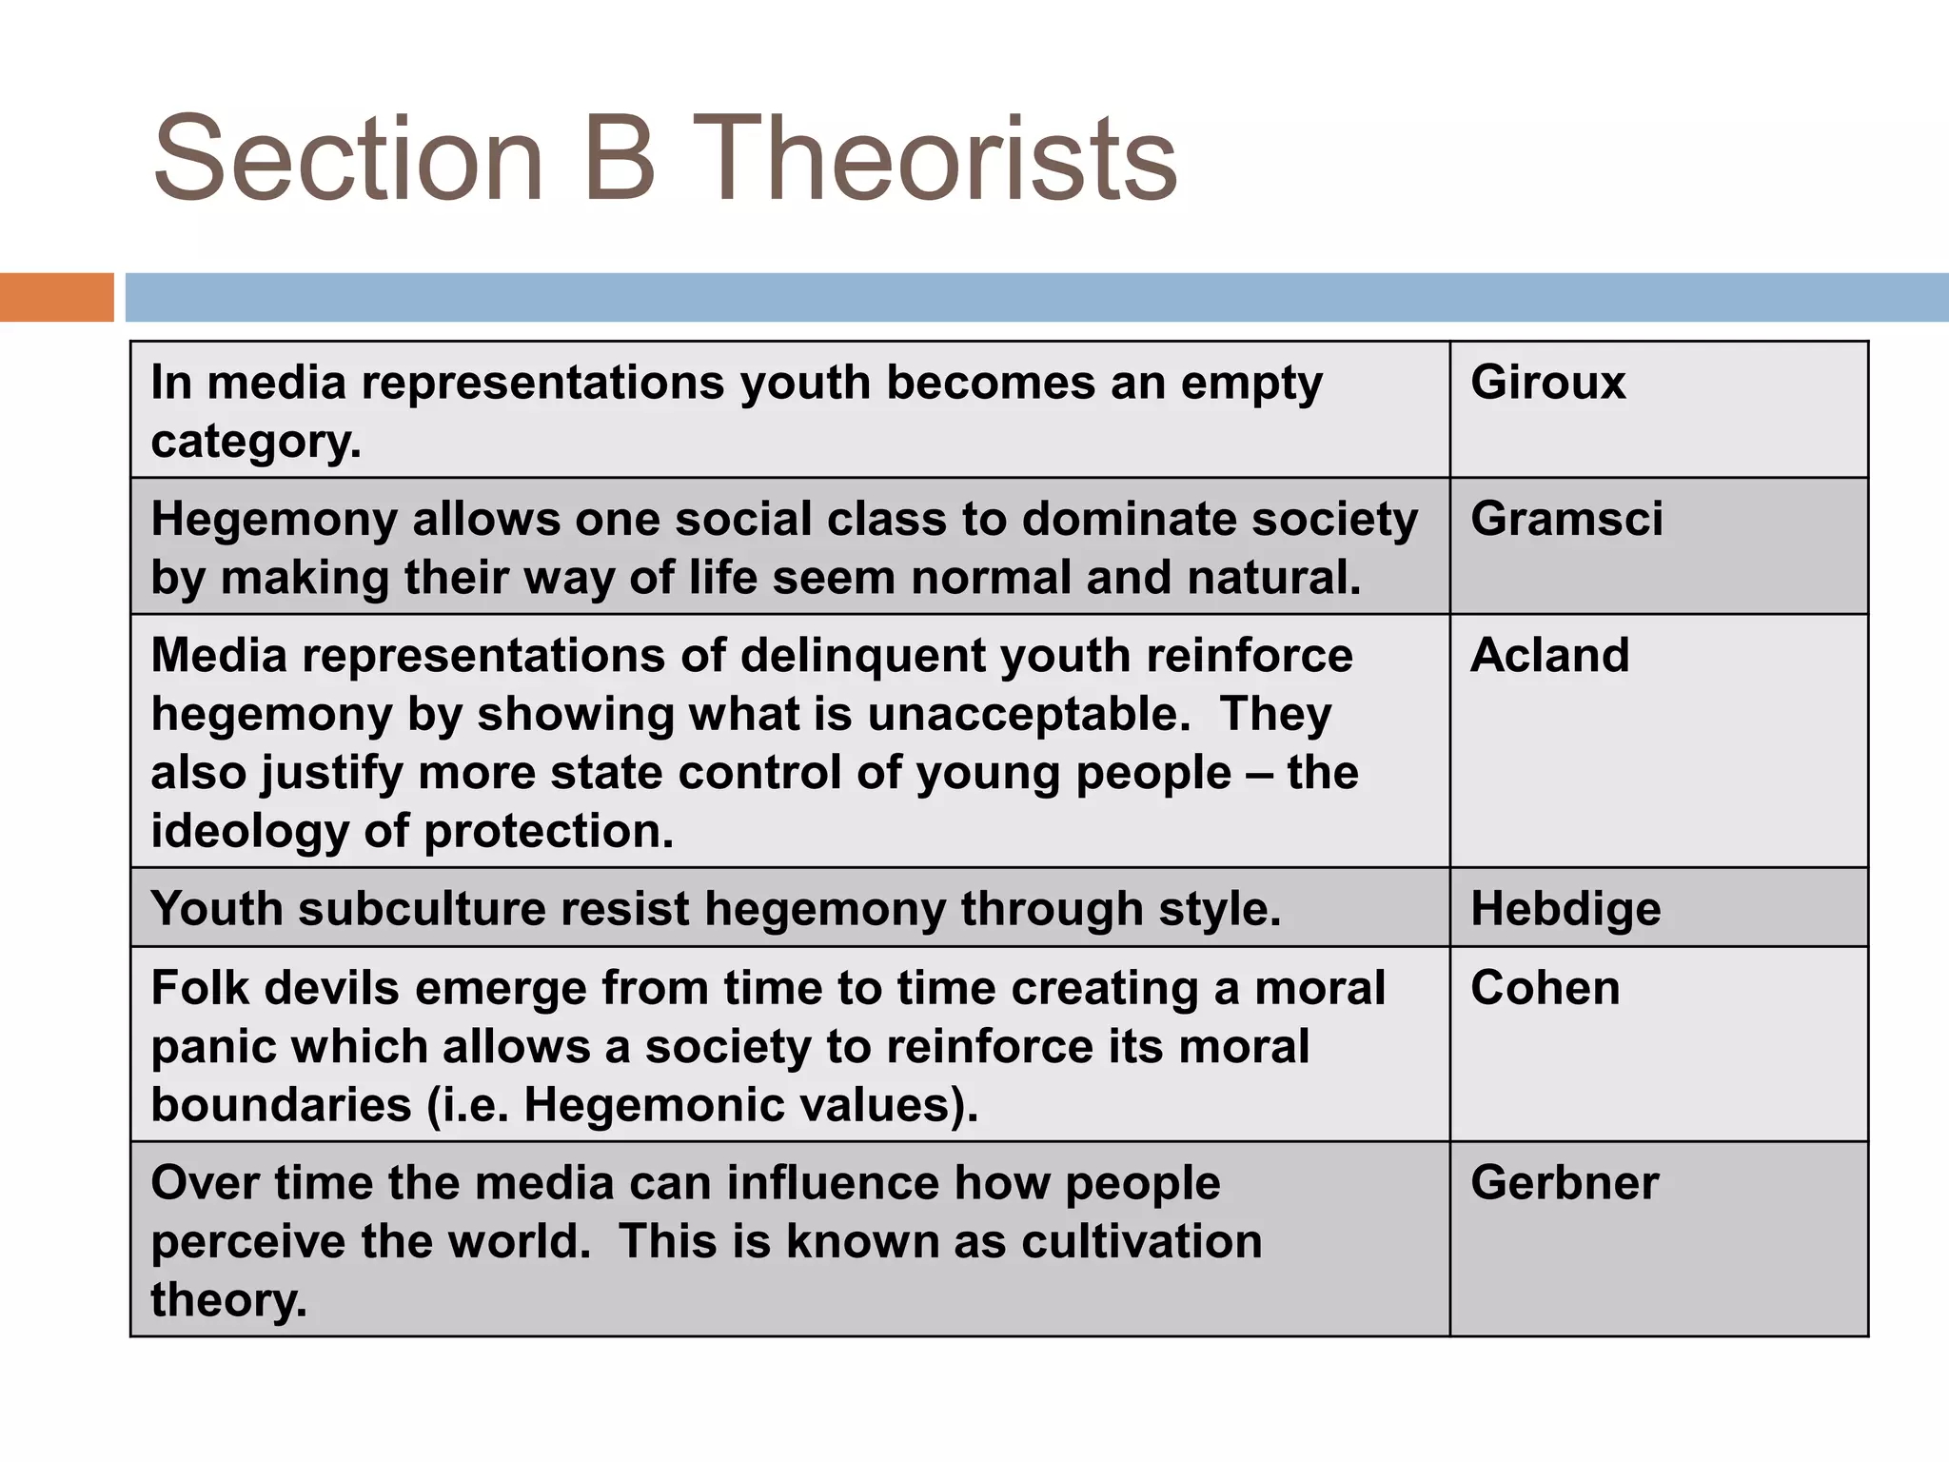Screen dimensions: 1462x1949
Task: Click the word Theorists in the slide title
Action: tap(935, 159)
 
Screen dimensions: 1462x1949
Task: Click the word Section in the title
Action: tap(348, 159)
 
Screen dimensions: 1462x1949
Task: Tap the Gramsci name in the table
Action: tap(1566, 520)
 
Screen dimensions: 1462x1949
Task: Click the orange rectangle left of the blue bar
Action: tap(56, 297)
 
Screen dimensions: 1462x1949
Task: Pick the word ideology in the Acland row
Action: tap(249, 832)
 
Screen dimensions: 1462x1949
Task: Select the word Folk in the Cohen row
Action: tap(197, 988)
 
